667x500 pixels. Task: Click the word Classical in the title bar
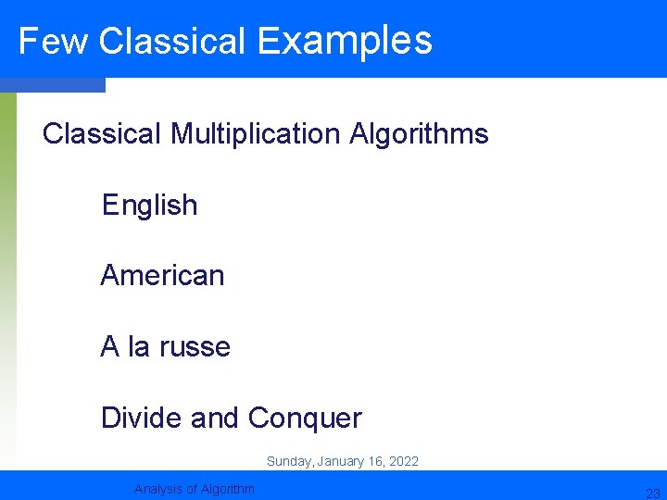click(x=171, y=42)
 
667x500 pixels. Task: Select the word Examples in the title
click(x=345, y=42)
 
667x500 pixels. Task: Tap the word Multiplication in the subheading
click(x=256, y=134)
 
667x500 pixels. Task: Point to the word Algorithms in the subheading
click(x=419, y=134)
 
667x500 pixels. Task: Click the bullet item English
click(x=150, y=205)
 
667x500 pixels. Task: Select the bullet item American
click(x=162, y=275)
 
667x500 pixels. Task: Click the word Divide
click(x=142, y=419)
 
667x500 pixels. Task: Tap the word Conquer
click(x=305, y=419)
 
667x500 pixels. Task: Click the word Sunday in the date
click(x=289, y=461)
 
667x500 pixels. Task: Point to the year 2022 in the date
click(x=403, y=461)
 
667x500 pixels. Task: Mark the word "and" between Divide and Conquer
click(x=215, y=419)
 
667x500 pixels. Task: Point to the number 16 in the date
click(x=374, y=461)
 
